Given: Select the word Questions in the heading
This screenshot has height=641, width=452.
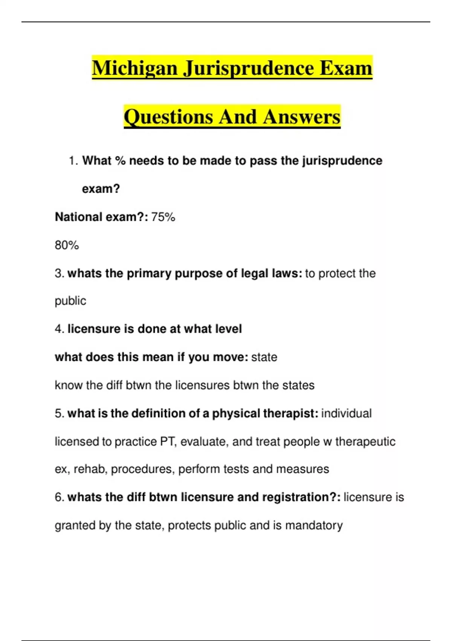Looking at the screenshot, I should point(168,117).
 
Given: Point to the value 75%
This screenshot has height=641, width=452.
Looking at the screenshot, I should point(163,217).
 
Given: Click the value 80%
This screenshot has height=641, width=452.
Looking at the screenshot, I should point(67,245).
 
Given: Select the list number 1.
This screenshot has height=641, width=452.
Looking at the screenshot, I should point(73,161).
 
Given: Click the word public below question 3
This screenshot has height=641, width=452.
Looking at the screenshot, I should point(70,301).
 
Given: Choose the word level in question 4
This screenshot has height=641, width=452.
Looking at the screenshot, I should point(228,329).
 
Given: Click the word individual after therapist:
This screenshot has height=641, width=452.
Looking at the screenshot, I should point(346,414).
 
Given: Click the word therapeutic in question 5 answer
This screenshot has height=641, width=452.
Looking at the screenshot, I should point(365,442).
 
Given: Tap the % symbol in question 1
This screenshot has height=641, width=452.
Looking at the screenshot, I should point(120,161).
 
